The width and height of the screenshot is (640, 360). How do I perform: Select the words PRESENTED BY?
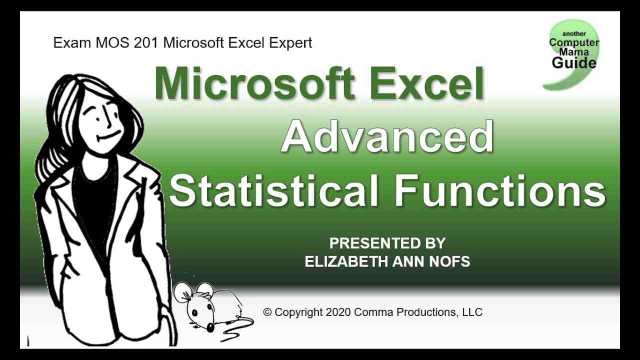[x=387, y=243]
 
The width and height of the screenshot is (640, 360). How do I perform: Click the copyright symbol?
[x=267, y=312]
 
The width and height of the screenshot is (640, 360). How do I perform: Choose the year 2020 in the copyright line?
[x=337, y=312]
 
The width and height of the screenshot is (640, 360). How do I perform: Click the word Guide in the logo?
[x=574, y=63]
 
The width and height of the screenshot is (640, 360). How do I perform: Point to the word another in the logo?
[x=574, y=34]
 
